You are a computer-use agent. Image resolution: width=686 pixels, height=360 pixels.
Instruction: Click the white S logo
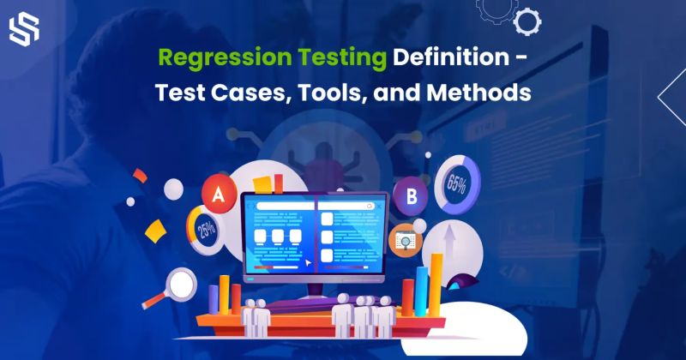click(24, 30)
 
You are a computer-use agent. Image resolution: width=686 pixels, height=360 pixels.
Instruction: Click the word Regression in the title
click(205, 59)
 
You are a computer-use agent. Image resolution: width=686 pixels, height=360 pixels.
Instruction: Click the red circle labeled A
click(217, 195)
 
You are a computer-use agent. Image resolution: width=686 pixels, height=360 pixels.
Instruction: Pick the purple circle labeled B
click(411, 197)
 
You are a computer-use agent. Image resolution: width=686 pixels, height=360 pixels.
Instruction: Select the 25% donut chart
click(207, 230)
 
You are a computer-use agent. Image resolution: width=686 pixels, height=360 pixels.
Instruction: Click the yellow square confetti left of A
click(155, 231)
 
